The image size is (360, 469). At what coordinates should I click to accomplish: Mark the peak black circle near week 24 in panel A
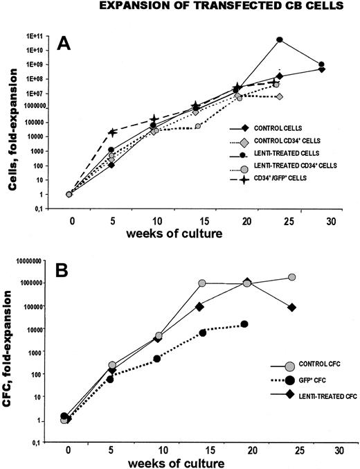280,40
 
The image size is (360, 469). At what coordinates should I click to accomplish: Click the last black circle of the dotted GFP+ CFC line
245,324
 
